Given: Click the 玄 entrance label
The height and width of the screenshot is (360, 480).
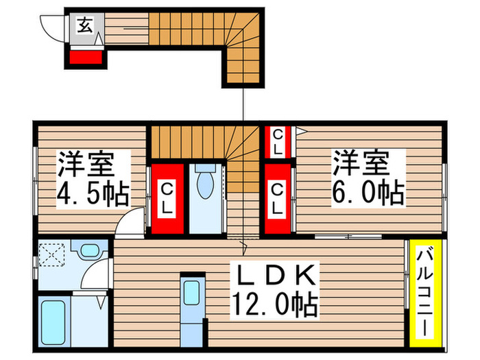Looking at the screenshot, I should pyautogui.click(x=84, y=27).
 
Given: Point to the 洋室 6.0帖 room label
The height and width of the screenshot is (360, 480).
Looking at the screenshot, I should pyautogui.click(x=369, y=176).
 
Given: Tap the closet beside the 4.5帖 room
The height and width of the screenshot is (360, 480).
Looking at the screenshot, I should pyautogui.click(x=167, y=198).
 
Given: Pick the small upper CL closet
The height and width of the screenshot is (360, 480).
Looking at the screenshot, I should pyautogui.click(x=276, y=141).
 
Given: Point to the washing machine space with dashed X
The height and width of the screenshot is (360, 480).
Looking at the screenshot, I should pyautogui.click(x=51, y=256).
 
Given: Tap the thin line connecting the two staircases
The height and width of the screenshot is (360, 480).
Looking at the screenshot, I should pyautogui.click(x=243, y=103).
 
